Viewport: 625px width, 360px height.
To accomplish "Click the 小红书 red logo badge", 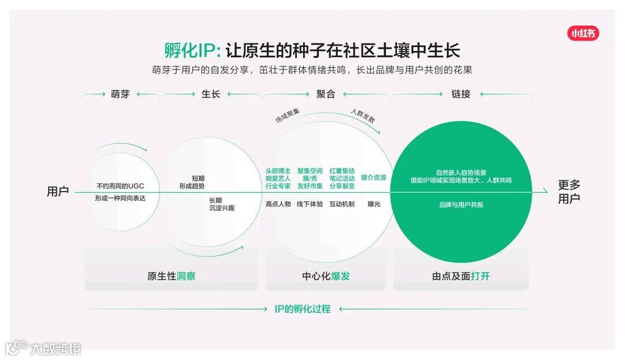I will coord(583,34).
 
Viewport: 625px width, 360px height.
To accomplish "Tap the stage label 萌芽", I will coord(120,94).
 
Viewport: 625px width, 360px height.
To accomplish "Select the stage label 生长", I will coord(211,94).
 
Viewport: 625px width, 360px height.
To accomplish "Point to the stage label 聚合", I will coord(326,94).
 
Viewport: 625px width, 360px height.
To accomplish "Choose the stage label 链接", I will coord(461,94).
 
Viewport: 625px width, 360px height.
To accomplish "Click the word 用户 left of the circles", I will coord(58,192).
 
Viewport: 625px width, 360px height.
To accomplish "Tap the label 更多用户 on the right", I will coord(569,192).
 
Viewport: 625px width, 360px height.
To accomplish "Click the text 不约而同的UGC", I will coord(120,186).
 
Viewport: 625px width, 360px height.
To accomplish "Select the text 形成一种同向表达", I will coord(120,199).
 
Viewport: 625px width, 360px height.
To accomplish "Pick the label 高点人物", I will coord(278,204).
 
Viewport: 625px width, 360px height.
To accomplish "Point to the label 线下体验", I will coord(310,204).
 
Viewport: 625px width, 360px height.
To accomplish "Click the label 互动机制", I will coord(342,204).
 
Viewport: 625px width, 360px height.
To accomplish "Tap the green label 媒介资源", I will coord(373,178).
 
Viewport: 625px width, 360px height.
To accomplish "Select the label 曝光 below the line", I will coord(374,204).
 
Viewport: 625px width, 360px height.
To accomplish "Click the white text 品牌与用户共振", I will coord(461,205).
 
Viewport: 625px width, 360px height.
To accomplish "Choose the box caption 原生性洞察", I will coord(171,276).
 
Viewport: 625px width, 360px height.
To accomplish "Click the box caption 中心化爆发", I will coord(326,276).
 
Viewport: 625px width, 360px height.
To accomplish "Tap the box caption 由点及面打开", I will coord(461,276).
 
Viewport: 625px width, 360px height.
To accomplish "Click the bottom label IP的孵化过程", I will coord(303,309).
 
